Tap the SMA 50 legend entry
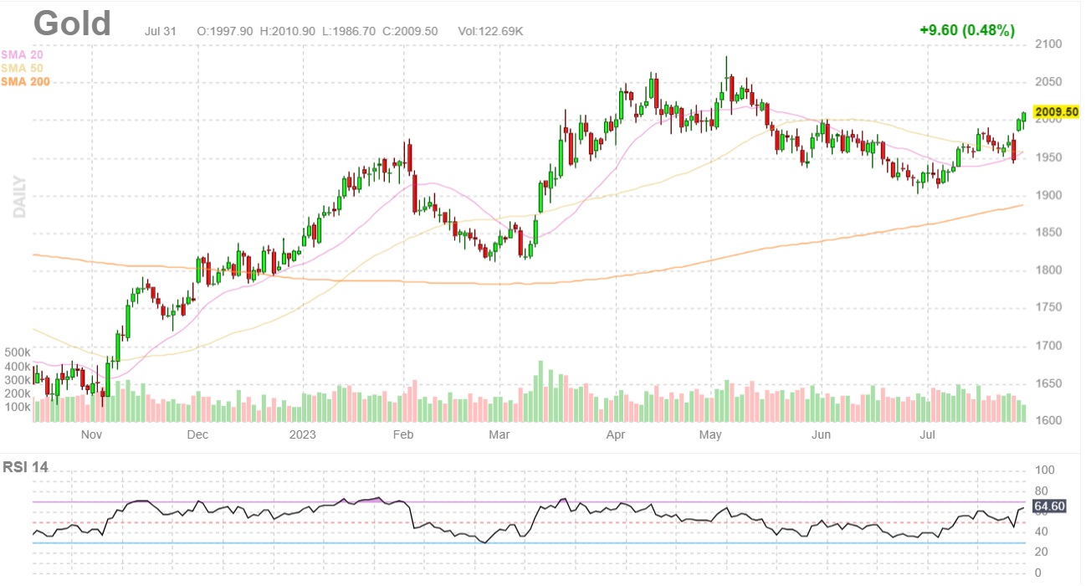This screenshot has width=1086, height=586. (22, 68)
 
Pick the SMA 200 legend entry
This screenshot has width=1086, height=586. (25, 81)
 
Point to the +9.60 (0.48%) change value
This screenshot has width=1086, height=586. (966, 30)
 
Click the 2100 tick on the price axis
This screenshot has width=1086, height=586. (1050, 44)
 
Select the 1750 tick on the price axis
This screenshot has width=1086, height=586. (1050, 308)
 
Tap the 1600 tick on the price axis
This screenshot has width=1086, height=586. (1050, 421)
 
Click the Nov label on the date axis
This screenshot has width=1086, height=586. (91, 434)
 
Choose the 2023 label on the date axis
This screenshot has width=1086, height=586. (302, 434)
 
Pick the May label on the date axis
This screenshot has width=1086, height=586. (710, 434)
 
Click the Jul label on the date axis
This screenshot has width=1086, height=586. (927, 434)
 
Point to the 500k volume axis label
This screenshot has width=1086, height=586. (18, 352)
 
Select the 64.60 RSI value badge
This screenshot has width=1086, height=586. (1048, 506)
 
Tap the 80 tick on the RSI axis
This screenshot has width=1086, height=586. (1042, 491)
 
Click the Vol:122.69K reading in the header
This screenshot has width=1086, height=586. (490, 31)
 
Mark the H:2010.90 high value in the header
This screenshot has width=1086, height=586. (287, 31)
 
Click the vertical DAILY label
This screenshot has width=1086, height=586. (19, 197)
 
